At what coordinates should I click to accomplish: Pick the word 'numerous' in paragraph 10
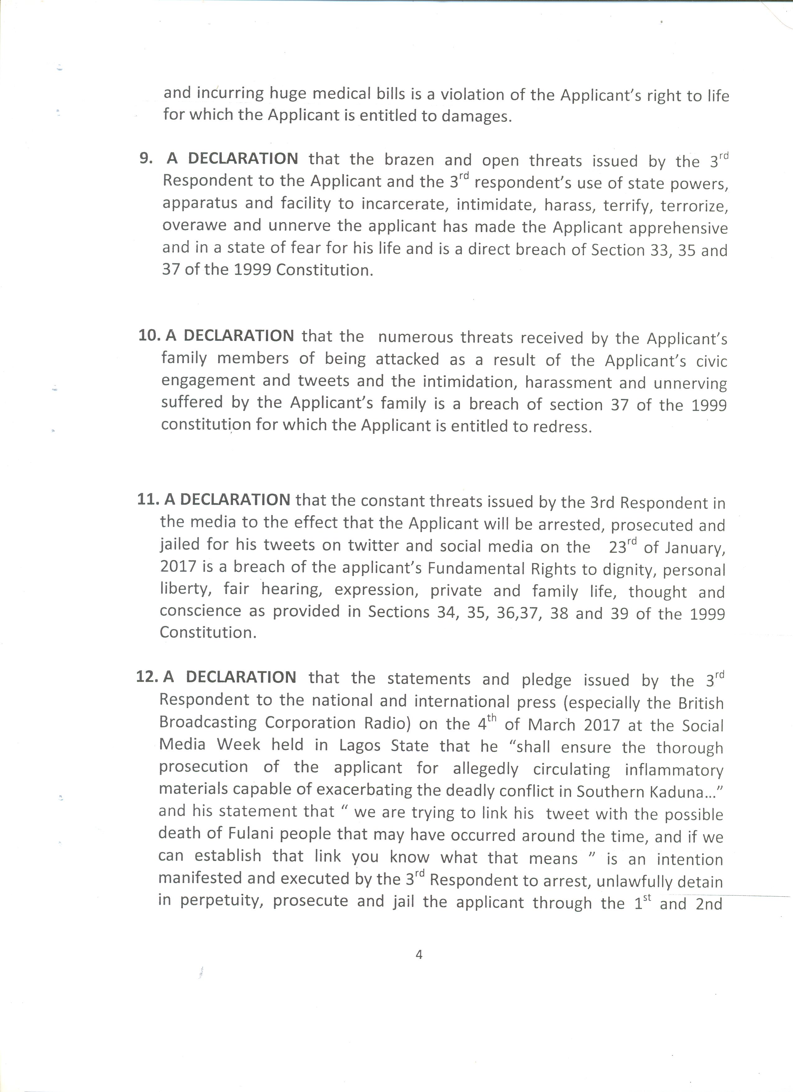tap(415, 337)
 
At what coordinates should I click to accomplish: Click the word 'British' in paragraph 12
tap(701, 703)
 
